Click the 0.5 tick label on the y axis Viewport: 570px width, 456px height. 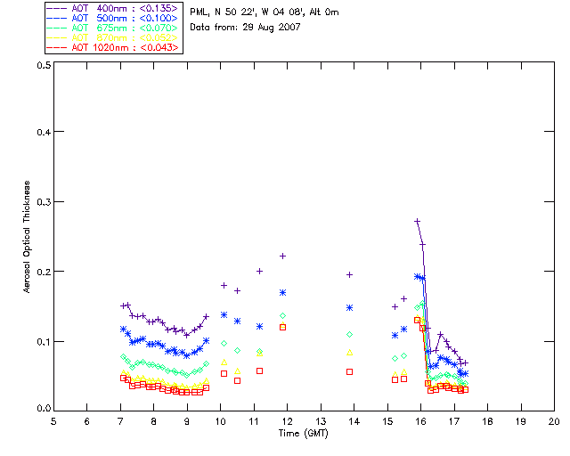click(42, 66)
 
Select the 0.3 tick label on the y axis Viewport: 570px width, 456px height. click(42, 202)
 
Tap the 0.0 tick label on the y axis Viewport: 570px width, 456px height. click(42, 409)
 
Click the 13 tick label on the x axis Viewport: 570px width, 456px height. click(321, 420)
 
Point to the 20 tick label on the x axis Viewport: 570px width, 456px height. click(554, 420)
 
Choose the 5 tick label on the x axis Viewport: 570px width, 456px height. click(53, 420)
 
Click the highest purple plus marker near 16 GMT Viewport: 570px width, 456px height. click(417, 221)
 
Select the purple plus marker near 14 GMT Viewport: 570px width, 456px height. click(349, 275)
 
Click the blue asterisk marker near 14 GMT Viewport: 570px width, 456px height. click(349, 307)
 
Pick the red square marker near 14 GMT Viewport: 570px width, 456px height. click(349, 371)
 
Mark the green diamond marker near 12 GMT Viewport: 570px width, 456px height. click(282, 315)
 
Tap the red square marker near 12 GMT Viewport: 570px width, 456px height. click(282, 327)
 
